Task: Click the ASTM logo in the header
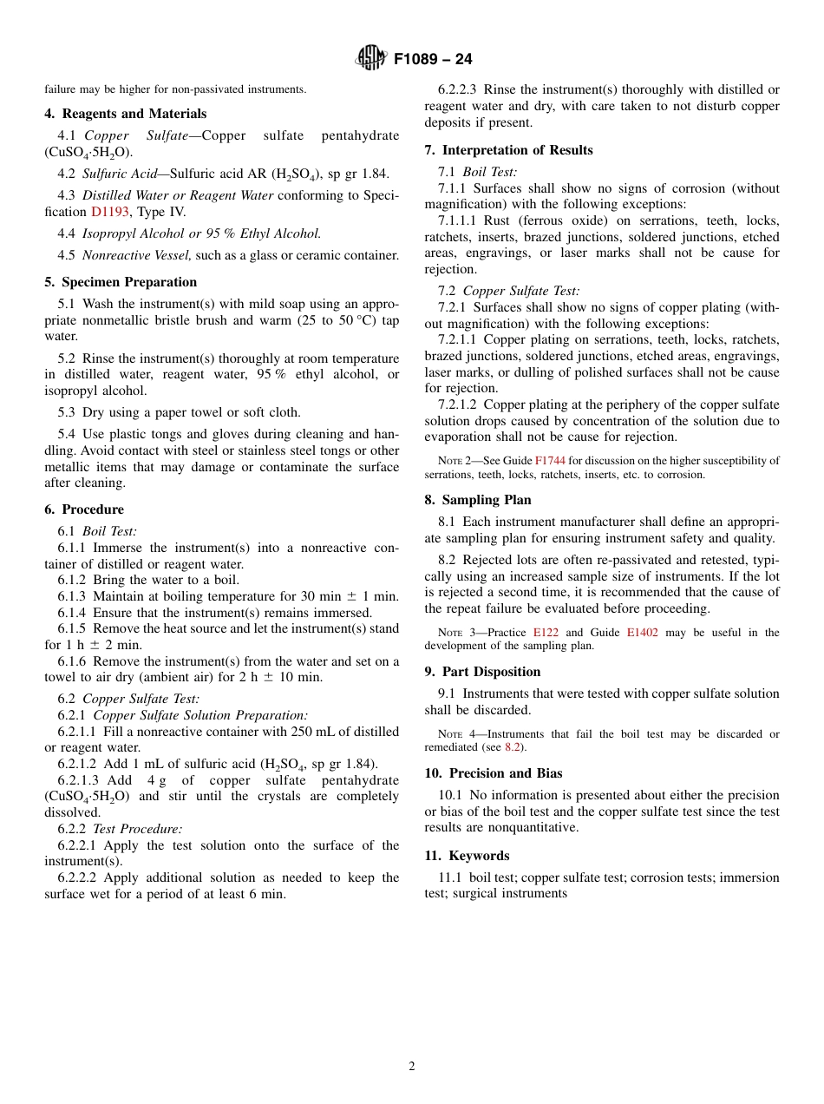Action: tap(372, 59)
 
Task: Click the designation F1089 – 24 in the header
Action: tap(433, 60)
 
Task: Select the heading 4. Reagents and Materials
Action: tap(126, 114)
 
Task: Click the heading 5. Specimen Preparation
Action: tap(121, 282)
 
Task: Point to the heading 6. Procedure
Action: tap(84, 509)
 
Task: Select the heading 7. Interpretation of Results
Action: tap(508, 150)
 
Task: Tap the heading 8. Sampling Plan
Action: tap(478, 500)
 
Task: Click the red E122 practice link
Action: tap(546, 633)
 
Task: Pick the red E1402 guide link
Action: tap(642, 633)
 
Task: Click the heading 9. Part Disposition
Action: tap(482, 672)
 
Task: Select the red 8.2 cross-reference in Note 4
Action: tap(514, 747)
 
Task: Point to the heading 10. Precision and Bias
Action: tap(494, 773)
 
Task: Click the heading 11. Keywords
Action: tap(467, 856)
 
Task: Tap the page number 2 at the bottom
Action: tap(412, 1067)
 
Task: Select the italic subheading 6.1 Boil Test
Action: tap(109, 531)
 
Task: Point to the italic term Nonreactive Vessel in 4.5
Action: tap(137, 255)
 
